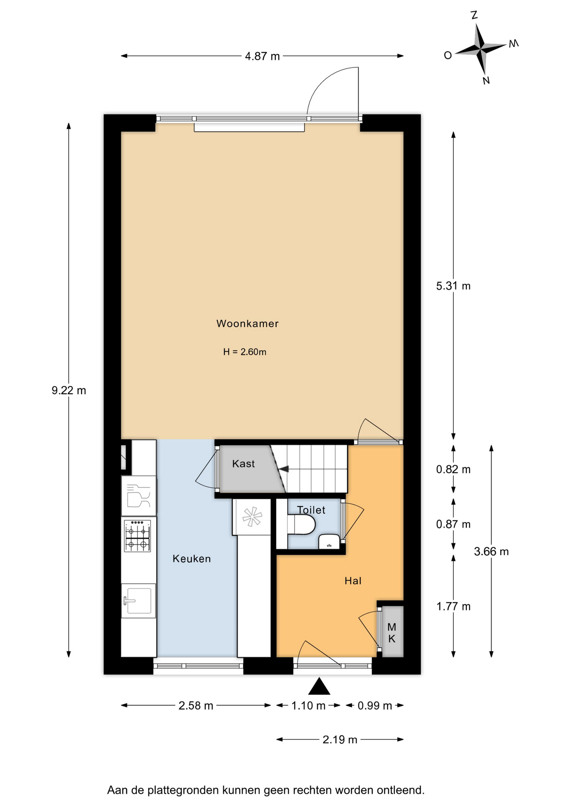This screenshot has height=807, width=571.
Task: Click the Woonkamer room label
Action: pyautogui.click(x=247, y=324)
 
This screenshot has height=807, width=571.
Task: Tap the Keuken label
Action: pyautogui.click(x=192, y=559)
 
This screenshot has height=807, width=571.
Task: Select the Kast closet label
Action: pyautogui.click(x=243, y=464)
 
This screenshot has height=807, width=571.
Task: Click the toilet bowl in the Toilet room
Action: pyautogui.click(x=301, y=525)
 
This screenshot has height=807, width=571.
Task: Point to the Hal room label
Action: pyautogui.click(x=353, y=581)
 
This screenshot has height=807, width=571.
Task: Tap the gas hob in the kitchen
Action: pyautogui.click(x=137, y=535)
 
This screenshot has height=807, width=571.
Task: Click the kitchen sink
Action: pyautogui.click(x=138, y=601)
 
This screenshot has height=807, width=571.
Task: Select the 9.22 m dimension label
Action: pyautogui.click(x=69, y=390)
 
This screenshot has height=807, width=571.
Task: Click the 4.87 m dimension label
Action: pyautogui.click(x=262, y=56)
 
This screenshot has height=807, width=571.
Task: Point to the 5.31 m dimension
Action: pyautogui.click(x=453, y=286)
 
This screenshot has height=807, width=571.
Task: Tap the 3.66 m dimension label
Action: pyautogui.click(x=491, y=551)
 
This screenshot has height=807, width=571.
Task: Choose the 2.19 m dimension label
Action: pyautogui.click(x=340, y=739)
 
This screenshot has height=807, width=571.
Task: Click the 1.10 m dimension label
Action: pyautogui.click(x=308, y=705)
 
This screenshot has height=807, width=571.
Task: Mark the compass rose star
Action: pyautogui.click(x=481, y=48)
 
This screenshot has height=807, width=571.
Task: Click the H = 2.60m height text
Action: pyautogui.click(x=245, y=352)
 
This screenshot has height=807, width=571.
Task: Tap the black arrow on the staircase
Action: pyautogui.click(x=284, y=469)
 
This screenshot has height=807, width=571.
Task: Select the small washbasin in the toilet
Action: pyautogui.click(x=329, y=541)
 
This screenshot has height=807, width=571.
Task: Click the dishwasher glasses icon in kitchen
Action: pyautogui.click(x=138, y=496)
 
